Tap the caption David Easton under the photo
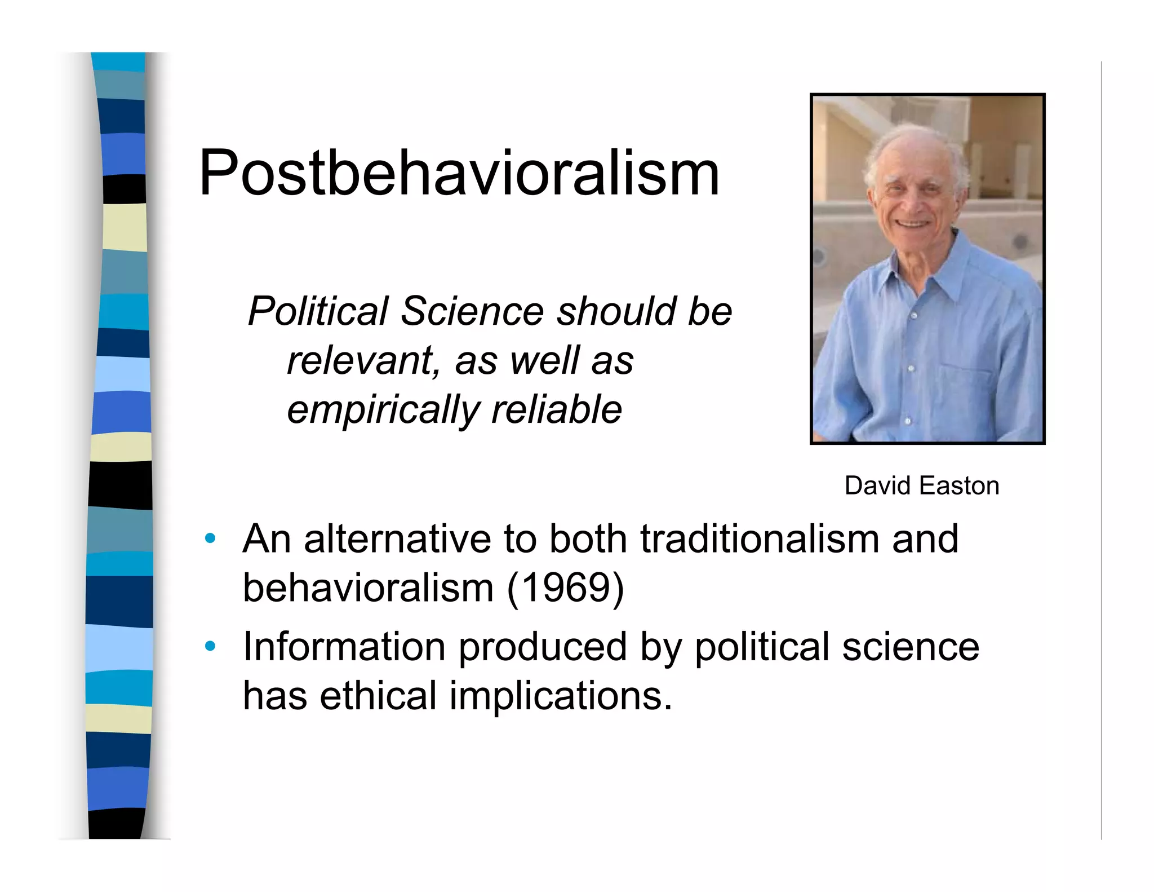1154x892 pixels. [x=921, y=485]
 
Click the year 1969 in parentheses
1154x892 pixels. [x=566, y=588]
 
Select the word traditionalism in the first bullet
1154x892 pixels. [x=758, y=538]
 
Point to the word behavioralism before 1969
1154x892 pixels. [x=368, y=588]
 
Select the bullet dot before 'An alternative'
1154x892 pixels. [x=210, y=538]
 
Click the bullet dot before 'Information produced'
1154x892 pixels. [x=210, y=646]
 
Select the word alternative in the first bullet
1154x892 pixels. [x=397, y=538]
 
